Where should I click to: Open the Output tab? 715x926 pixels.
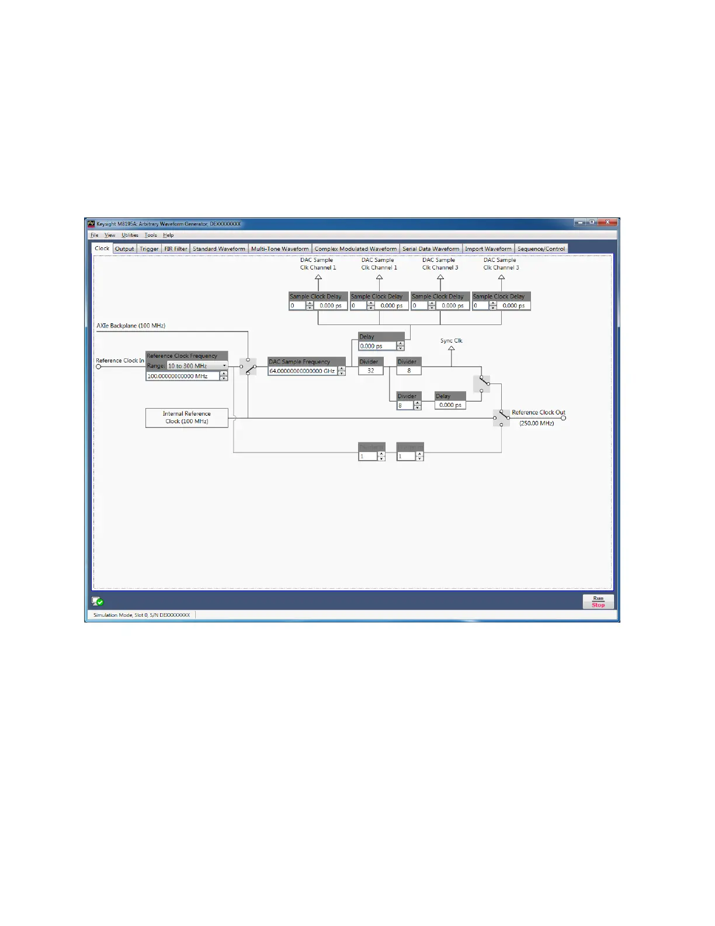pos(124,249)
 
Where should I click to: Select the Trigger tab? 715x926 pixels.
pos(149,249)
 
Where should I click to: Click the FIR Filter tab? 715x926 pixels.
pos(175,249)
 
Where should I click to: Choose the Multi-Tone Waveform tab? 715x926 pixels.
pos(280,249)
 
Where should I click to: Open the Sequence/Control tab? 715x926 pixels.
pos(541,249)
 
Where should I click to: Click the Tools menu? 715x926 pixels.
pos(151,236)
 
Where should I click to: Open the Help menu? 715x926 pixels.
pos(168,236)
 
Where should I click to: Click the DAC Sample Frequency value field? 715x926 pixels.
pos(302,371)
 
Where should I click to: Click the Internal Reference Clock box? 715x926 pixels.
pos(186,417)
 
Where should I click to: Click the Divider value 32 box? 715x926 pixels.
pos(370,371)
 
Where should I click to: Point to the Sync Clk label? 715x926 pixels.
pos(451,341)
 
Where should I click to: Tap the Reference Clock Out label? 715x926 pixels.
pos(538,413)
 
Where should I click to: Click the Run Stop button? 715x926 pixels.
pos(598,602)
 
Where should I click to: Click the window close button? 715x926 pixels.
pos(608,223)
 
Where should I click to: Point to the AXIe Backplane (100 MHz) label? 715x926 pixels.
pos(131,326)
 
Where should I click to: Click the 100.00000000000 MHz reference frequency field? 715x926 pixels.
pos(182,376)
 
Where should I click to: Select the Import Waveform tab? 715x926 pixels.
pos(488,249)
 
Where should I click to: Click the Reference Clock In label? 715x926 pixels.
pos(120,361)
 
